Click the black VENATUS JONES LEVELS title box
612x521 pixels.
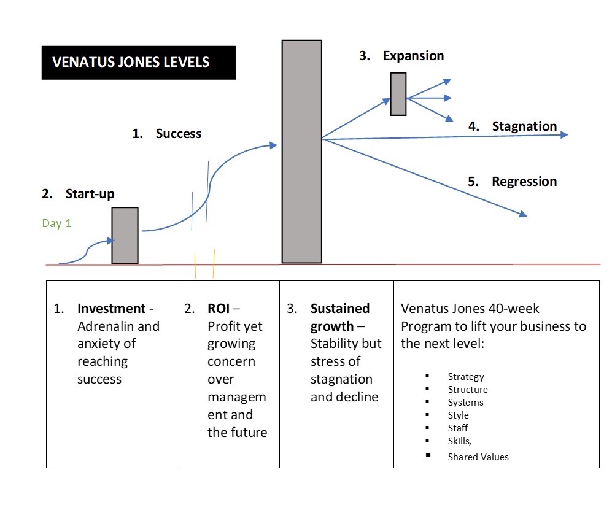(x=139, y=63)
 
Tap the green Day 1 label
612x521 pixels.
(x=56, y=223)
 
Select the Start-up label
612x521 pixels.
(x=90, y=194)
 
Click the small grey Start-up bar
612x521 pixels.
(x=125, y=236)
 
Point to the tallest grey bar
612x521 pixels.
(x=301, y=152)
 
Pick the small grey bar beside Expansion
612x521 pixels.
(x=398, y=94)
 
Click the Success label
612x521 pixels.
(x=178, y=134)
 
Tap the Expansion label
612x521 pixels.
(x=413, y=56)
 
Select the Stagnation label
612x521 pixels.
(x=524, y=126)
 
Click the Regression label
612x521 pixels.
(x=524, y=182)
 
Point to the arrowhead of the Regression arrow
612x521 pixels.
(x=524, y=214)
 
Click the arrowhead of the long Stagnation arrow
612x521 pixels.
(x=564, y=134)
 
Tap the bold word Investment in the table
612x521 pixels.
(x=111, y=309)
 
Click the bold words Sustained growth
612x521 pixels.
(x=339, y=317)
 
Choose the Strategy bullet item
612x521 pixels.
(x=466, y=377)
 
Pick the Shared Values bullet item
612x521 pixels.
(x=478, y=457)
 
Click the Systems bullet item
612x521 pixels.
(x=465, y=403)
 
